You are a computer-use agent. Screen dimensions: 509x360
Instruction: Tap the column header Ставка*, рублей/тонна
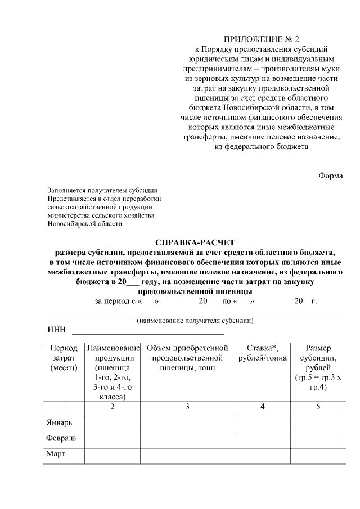263,353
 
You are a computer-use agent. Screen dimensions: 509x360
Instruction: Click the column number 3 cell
187,407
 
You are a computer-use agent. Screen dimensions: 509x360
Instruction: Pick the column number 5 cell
318,407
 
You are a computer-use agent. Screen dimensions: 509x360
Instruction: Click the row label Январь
58,423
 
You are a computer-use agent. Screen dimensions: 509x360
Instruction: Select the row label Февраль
61,439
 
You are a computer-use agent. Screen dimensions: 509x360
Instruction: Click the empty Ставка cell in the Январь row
263,423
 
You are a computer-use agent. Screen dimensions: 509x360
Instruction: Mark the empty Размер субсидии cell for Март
318,455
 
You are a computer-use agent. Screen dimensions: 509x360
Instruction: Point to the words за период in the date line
112,301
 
